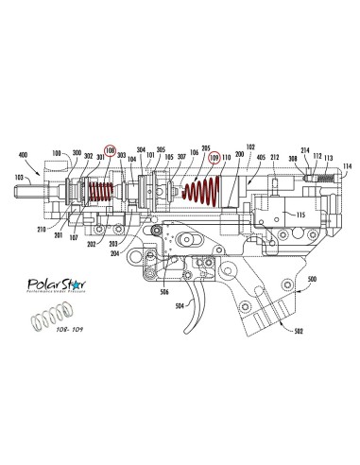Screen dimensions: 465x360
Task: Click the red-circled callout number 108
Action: (111, 150)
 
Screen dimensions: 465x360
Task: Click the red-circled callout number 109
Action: (214, 158)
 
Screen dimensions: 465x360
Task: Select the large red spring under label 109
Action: (202, 194)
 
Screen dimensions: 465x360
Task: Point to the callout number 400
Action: (25, 154)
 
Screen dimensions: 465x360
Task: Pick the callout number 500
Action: (312, 281)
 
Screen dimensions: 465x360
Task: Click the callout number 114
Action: (348, 165)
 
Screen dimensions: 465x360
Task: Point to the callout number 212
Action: (275, 159)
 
